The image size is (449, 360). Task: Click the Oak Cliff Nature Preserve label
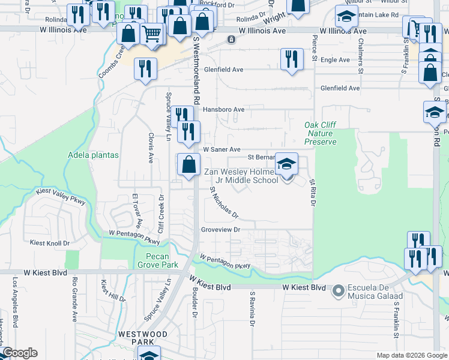(x=320, y=133)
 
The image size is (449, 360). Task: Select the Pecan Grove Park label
(x=154, y=260)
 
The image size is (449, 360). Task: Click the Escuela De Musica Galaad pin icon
(x=338, y=291)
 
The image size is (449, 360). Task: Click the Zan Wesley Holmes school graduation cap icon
(x=287, y=163)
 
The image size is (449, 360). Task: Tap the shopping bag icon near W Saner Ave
(x=188, y=164)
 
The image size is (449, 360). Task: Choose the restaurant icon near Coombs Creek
(x=144, y=68)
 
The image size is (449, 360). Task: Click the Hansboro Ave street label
(x=223, y=110)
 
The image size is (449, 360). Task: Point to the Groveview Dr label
(x=220, y=230)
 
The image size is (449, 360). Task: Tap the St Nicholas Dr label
(x=224, y=202)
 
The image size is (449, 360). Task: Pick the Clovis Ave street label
(x=151, y=149)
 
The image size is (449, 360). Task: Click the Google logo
(x=20, y=353)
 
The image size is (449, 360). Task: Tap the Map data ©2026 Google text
(x=412, y=355)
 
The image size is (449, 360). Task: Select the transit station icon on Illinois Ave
(x=231, y=40)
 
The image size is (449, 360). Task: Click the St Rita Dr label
(x=312, y=192)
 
